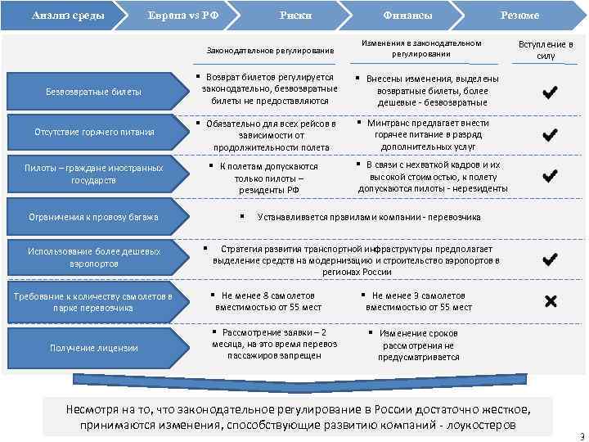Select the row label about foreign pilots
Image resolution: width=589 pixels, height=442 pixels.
93,174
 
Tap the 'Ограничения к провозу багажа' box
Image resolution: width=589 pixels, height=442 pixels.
93,217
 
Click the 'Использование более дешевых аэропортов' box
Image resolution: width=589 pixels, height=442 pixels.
93,257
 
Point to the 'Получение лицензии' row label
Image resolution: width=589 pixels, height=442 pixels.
93,348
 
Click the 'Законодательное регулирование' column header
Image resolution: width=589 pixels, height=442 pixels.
270,51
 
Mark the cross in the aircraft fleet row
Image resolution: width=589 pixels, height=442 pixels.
550,302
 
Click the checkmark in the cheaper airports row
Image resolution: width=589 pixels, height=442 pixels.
550,259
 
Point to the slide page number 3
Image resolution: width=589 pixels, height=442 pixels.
581,436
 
